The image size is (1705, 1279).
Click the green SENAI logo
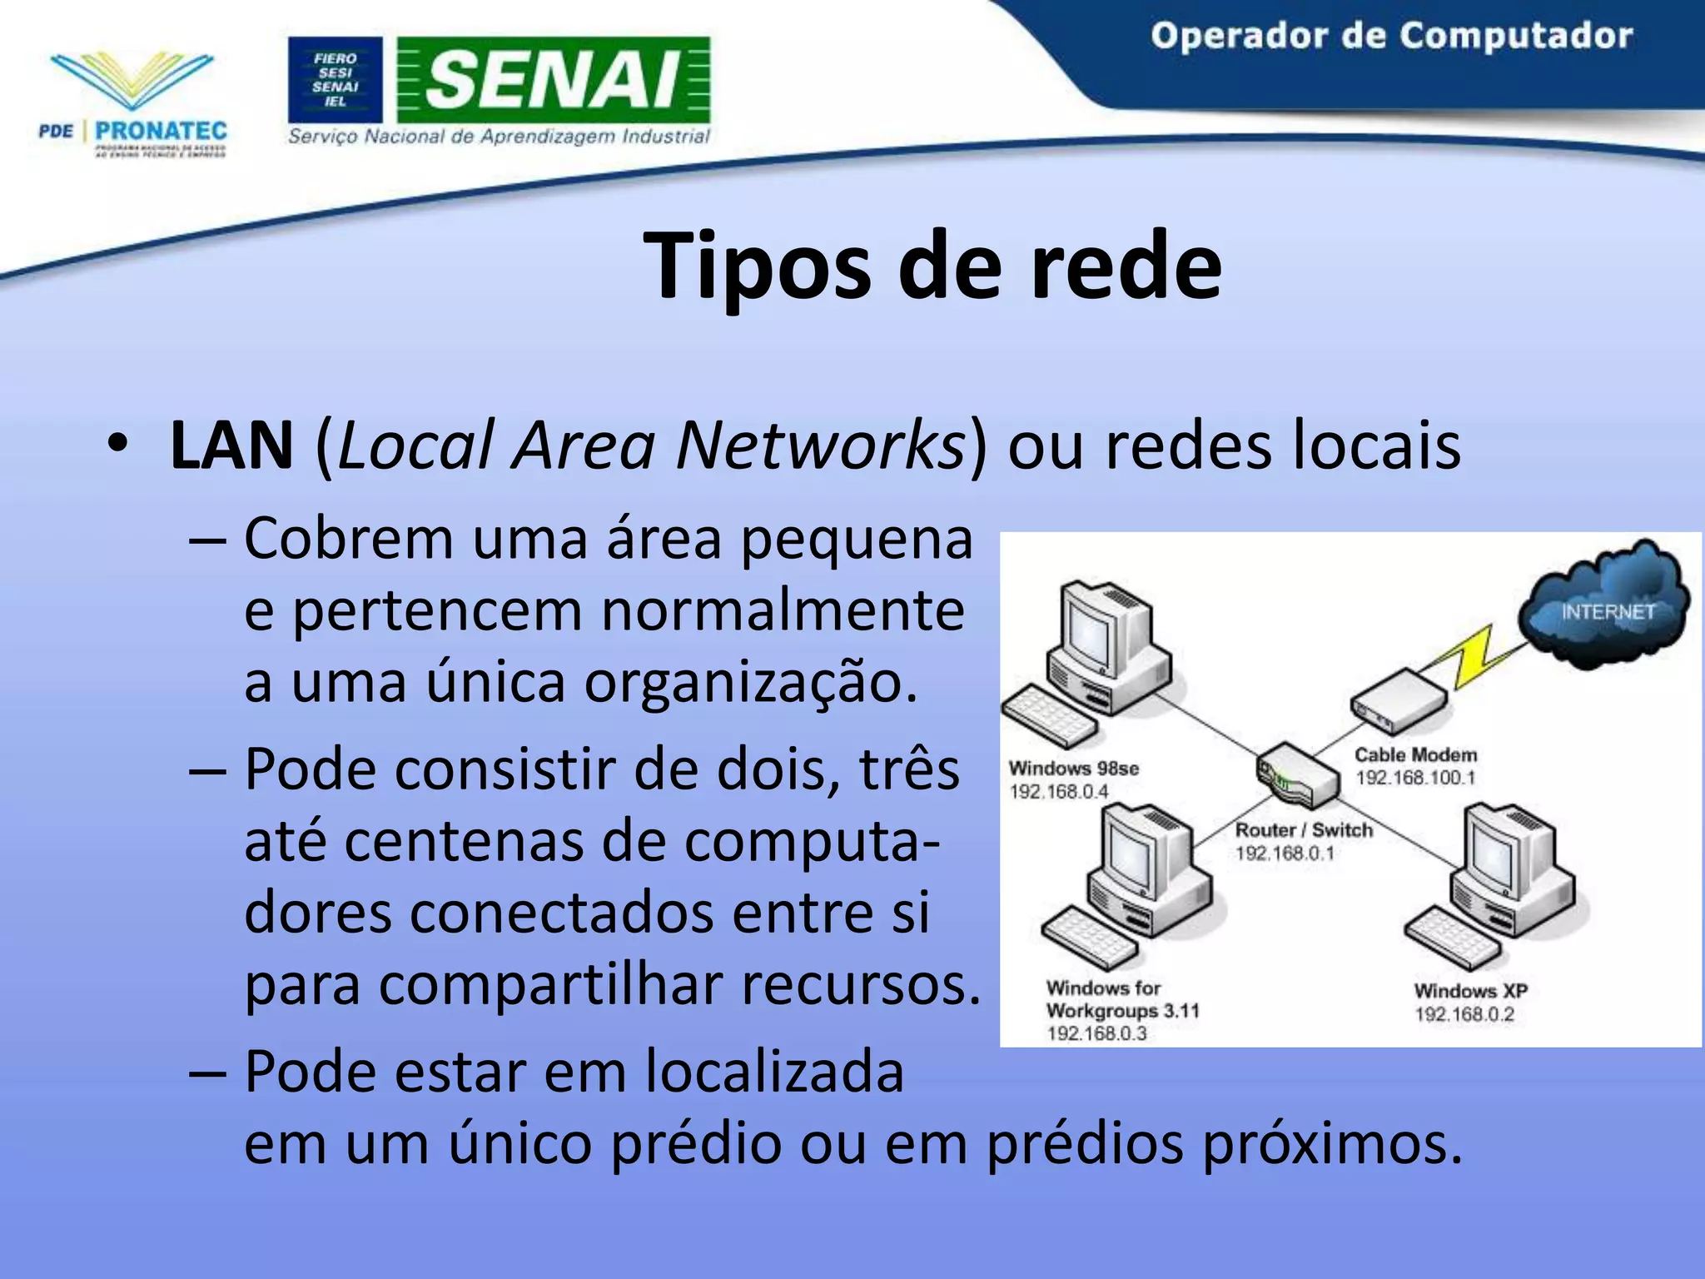coord(554,79)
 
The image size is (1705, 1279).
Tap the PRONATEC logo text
coord(161,131)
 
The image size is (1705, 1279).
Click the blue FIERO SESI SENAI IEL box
coord(335,80)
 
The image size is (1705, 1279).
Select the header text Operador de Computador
coord(1391,37)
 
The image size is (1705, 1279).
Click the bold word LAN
coord(231,445)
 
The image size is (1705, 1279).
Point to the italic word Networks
coord(820,445)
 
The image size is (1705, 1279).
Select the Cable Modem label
coord(1415,754)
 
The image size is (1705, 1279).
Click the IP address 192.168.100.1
coord(1415,778)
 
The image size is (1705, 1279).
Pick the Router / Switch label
coord(1304,829)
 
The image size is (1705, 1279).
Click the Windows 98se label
coord(1074,768)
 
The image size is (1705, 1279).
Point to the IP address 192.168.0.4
coord(1059,791)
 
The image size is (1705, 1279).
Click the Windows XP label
coord(1470,991)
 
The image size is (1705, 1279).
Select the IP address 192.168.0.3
coord(1096,1033)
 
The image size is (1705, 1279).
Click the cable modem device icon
coord(1399,702)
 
